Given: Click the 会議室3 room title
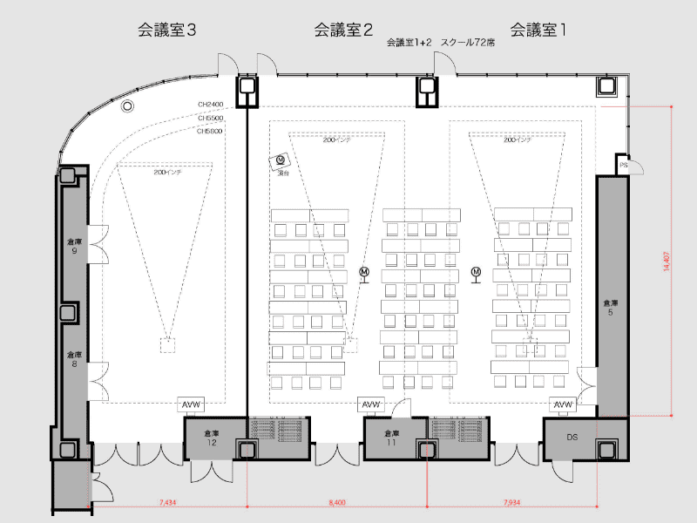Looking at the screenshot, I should [x=166, y=30].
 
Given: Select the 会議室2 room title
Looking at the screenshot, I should [x=343, y=30].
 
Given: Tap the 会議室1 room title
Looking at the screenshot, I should [x=538, y=30].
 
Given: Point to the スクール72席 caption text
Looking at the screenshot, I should [x=468, y=42].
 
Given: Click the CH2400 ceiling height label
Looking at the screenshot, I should [x=210, y=104].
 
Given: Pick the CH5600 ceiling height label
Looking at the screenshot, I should [x=210, y=131].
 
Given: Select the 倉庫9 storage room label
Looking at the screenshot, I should [x=74, y=246].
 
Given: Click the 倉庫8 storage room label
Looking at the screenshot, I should [x=74, y=359].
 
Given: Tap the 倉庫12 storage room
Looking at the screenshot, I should [x=211, y=438].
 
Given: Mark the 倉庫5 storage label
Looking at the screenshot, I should [x=611, y=307].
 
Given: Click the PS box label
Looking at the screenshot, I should [x=624, y=165].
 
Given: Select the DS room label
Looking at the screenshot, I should [x=572, y=437].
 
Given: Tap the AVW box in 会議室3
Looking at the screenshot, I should [x=191, y=404].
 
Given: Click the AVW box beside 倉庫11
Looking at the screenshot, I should [x=371, y=405].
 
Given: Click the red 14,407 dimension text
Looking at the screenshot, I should [x=667, y=261].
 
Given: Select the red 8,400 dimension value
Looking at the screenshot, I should [x=337, y=503].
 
